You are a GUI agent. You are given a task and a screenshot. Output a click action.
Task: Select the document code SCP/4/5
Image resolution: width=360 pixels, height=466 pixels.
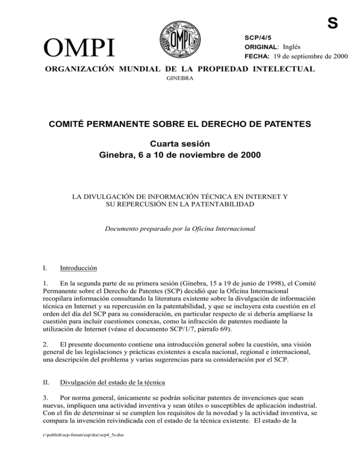click(x=257, y=37)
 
